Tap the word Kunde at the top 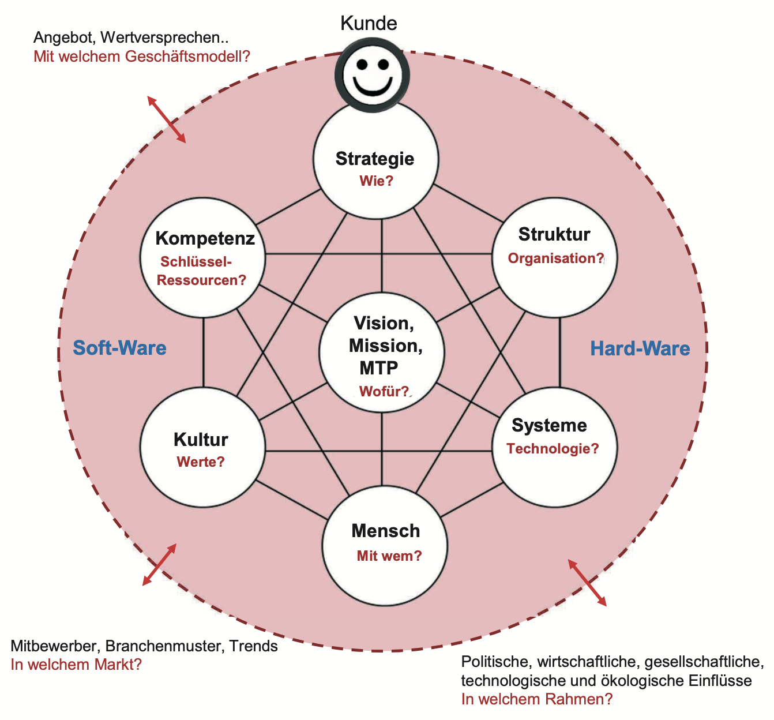369,24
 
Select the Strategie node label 375,159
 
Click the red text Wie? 376,181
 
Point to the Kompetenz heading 205,238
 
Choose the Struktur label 554,234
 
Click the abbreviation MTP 378,368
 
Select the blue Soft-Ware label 119,348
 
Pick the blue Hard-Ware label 640,348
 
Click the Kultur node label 201,440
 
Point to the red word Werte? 201,462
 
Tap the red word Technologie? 553,449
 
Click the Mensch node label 386,531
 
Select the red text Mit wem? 389,556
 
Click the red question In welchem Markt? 76,665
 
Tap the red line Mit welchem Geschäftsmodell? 142,57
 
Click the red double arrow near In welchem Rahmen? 588,583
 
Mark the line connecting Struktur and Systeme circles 559,352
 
